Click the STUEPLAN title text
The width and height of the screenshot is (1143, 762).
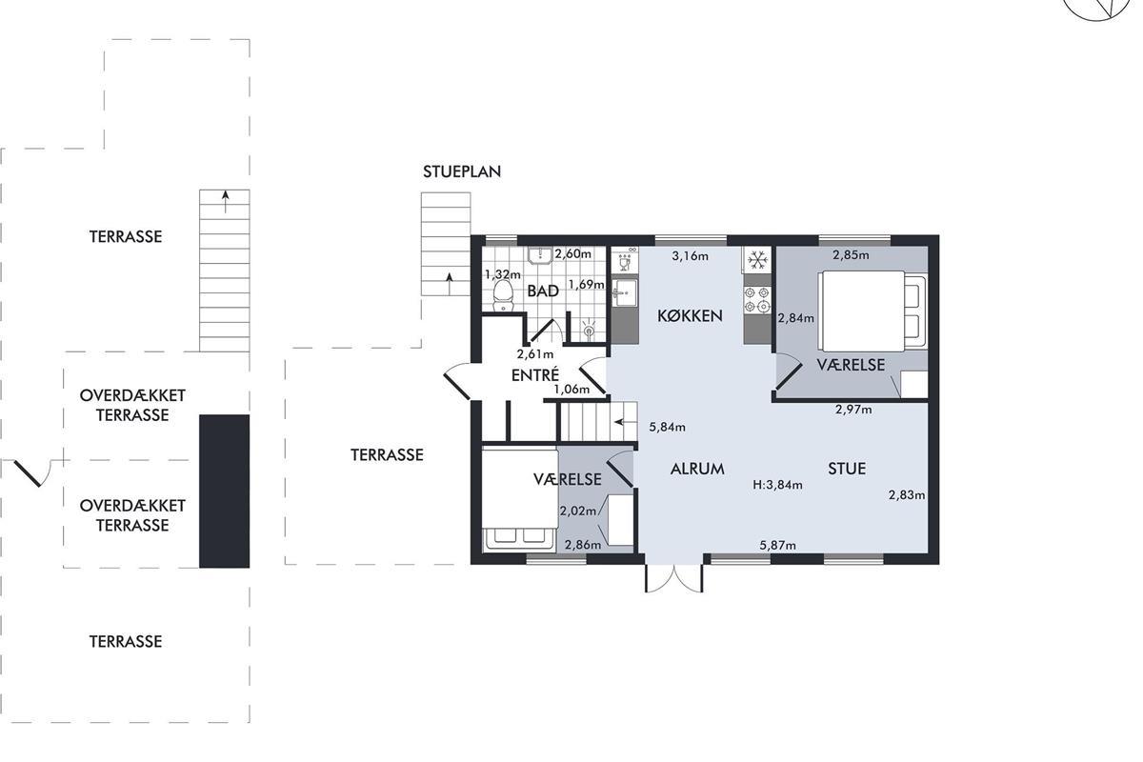point(462,171)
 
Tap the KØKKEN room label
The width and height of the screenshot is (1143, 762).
point(690,316)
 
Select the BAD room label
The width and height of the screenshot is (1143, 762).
point(543,291)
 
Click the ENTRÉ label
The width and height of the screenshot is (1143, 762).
point(535,374)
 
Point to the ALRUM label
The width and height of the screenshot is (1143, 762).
point(697,469)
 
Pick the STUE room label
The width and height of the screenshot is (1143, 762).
point(847,469)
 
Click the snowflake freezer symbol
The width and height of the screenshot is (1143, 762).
point(758,260)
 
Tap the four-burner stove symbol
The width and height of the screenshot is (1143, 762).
point(757,300)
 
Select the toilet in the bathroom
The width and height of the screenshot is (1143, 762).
point(503,295)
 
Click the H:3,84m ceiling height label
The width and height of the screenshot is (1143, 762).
point(777,485)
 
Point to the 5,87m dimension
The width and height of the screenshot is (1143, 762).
point(777,545)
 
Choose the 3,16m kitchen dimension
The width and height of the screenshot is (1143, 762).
point(690,255)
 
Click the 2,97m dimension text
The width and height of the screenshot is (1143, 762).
point(853,410)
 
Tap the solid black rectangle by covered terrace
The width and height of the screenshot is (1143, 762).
point(225,491)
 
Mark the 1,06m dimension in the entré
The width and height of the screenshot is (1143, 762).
point(571,390)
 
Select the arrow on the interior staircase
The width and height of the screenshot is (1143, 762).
point(626,422)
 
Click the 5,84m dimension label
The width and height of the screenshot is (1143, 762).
point(667,427)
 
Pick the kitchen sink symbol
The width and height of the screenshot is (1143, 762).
point(625,292)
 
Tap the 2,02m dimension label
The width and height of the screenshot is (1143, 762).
point(578,511)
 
